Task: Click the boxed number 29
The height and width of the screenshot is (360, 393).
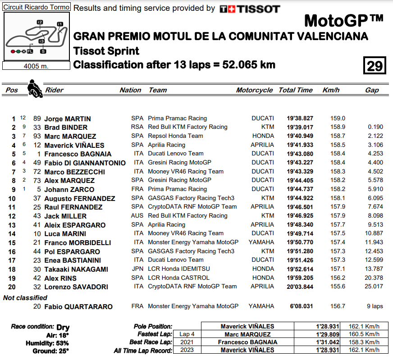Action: pyautogui.click(x=375, y=66)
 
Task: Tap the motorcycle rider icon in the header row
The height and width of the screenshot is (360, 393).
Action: pyautogui.click(x=34, y=88)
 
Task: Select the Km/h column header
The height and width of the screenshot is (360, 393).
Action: pyautogui.click(x=331, y=90)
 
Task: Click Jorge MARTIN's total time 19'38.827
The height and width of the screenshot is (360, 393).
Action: pyautogui.click(x=300, y=118)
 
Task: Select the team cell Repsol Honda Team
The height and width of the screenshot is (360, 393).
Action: pyautogui.click(x=175, y=136)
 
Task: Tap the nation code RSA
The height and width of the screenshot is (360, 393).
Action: pyautogui.click(x=137, y=127)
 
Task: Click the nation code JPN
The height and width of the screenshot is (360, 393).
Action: pyautogui.click(x=137, y=269)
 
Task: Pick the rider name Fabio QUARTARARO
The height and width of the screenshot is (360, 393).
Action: pyautogui.click(x=78, y=307)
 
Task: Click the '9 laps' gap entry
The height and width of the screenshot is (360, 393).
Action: pyautogui.click(x=375, y=306)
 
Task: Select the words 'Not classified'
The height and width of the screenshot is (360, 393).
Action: pyautogui.click(x=25, y=298)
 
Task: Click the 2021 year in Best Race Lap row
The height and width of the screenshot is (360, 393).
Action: pyautogui.click(x=187, y=342)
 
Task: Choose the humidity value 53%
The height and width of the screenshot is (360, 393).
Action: pyautogui.click(x=62, y=343)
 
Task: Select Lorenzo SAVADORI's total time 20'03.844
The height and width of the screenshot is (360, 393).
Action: pyautogui.click(x=300, y=287)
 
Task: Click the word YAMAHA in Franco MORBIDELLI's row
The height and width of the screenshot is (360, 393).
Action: pyautogui.click(x=261, y=242)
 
